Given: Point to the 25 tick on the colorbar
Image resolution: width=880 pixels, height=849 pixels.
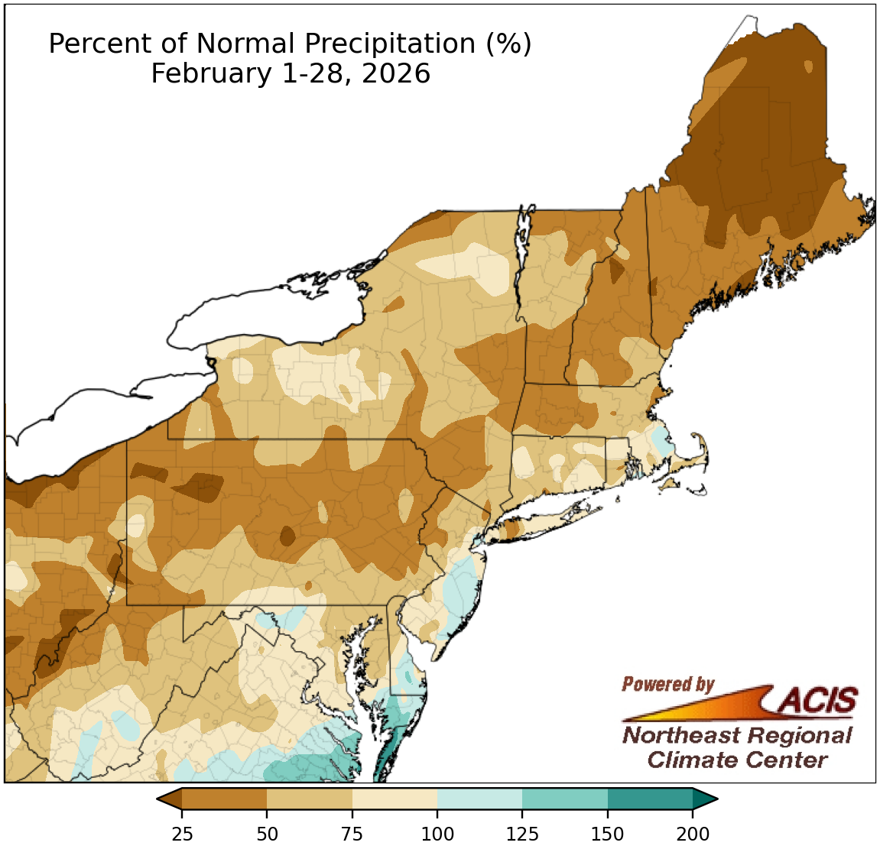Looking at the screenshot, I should pos(182,834).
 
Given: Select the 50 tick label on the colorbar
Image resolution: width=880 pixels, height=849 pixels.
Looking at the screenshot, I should pos(267,834).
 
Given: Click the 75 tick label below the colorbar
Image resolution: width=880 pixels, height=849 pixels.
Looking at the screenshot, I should pos(352,834).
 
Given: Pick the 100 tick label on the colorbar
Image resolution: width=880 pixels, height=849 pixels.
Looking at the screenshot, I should pos(437,834).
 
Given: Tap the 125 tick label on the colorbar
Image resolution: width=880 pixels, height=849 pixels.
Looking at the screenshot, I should pos(522,834).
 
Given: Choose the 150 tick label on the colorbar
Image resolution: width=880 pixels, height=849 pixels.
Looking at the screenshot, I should pos(608,834).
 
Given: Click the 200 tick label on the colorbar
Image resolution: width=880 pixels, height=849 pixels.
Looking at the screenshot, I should pos(693,834).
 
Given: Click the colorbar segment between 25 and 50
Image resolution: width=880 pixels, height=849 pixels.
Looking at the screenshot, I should pos(224,799).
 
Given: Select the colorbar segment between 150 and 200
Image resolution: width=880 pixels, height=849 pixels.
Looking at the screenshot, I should pos(650,799).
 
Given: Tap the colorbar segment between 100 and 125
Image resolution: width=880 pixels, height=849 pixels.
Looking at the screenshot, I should pos(479,799).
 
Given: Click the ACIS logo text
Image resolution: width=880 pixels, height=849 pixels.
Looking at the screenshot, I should pos(818,699).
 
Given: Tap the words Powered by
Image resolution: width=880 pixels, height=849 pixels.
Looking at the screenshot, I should pos(667,684).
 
